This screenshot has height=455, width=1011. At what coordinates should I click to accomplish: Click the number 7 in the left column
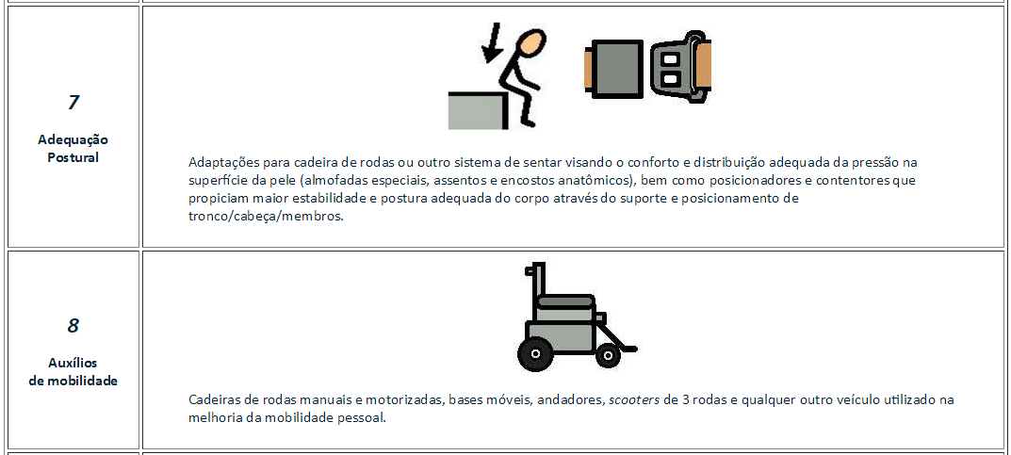pyautogui.click(x=73, y=102)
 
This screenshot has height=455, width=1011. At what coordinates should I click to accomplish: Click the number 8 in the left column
pyautogui.click(x=73, y=325)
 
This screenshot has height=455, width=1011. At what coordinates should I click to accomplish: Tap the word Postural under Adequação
pyautogui.click(x=73, y=157)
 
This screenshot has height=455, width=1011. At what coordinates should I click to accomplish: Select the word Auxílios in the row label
pyautogui.click(x=73, y=362)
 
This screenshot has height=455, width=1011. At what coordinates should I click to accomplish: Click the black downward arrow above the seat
pyautogui.click(x=492, y=43)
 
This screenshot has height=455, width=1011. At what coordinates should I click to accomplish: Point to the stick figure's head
pyautogui.click(x=530, y=45)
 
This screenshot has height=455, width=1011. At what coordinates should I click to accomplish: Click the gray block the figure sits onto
pyautogui.click(x=478, y=111)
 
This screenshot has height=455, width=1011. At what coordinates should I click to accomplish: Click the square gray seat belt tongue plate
pyautogui.click(x=617, y=70)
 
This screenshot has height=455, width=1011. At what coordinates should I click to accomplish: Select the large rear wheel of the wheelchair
pyautogui.click(x=534, y=354)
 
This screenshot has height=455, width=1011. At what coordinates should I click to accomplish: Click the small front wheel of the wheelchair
pyautogui.click(x=608, y=355)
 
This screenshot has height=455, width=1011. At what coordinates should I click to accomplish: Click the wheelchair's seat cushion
pyautogui.click(x=564, y=301)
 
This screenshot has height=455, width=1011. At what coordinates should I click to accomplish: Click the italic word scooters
pyautogui.click(x=634, y=399)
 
